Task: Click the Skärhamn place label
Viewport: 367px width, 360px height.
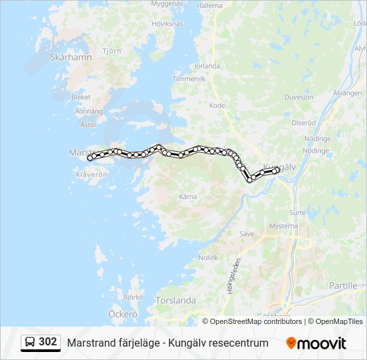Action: (x=70, y=57)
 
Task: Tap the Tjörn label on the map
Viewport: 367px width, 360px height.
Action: (x=112, y=51)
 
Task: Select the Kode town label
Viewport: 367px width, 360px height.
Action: (x=218, y=105)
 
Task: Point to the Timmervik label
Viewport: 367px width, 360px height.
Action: (x=189, y=79)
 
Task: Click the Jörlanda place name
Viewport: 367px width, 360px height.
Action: (x=206, y=66)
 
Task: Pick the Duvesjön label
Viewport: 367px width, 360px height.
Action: (x=298, y=97)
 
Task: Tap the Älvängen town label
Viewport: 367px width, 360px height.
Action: (x=347, y=93)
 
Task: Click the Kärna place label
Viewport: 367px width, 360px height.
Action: (x=188, y=197)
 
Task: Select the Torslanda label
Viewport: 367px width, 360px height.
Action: (x=175, y=301)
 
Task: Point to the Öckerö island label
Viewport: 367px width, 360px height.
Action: (x=123, y=313)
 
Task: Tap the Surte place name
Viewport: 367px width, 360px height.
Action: (x=298, y=213)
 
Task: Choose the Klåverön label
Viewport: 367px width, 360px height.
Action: (x=91, y=175)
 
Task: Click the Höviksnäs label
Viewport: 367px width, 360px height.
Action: (x=167, y=24)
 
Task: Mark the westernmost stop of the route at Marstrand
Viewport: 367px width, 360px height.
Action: (x=90, y=158)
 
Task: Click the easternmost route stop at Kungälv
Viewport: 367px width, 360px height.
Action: (x=276, y=171)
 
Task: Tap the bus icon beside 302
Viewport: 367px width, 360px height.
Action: (x=30, y=343)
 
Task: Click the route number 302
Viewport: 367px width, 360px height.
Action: (x=48, y=342)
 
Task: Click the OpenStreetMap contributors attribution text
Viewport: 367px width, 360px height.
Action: (x=256, y=321)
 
